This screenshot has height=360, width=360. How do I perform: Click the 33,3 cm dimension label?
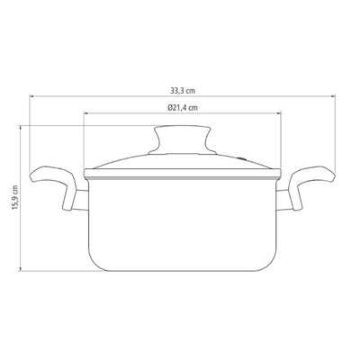pyautogui.click(x=183, y=91)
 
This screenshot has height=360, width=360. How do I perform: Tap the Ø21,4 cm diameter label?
pyautogui.click(x=183, y=108)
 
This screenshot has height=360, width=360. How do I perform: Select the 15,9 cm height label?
pyautogui.click(x=15, y=198)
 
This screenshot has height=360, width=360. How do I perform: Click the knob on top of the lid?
pyautogui.click(x=183, y=140)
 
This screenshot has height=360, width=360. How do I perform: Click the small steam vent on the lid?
pyautogui.click(x=241, y=157)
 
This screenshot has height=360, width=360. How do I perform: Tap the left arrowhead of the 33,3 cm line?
pyautogui.click(x=31, y=96)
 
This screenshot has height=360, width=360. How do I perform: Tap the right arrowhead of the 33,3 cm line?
pyautogui.click(x=333, y=96)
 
